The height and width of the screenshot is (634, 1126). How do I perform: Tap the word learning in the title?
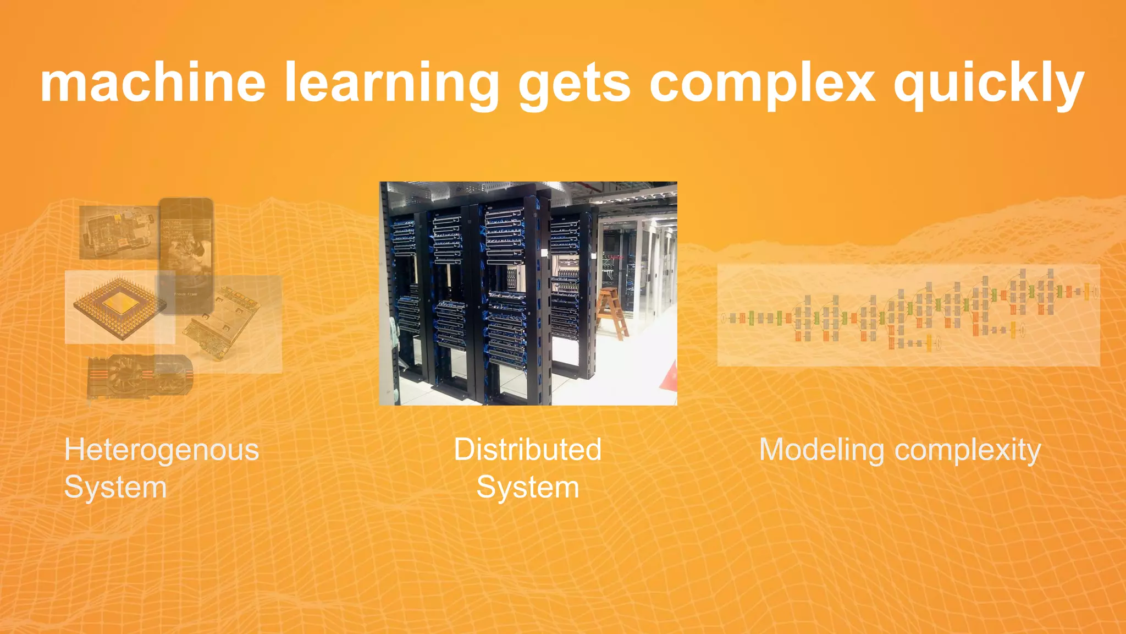click(391, 84)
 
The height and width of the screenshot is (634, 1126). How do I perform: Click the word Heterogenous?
click(162, 450)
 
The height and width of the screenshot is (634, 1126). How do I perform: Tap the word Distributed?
click(527, 450)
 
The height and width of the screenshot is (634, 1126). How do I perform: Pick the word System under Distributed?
click(527, 488)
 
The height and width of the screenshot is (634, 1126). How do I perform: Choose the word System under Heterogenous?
click(115, 488)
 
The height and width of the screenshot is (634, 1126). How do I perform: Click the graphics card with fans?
click(141, 375)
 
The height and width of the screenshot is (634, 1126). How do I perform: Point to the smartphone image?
click(186, 256)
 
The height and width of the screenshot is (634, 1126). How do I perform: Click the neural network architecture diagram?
click(908, 315)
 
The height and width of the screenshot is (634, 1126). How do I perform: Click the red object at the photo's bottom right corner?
click(670, 378)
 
